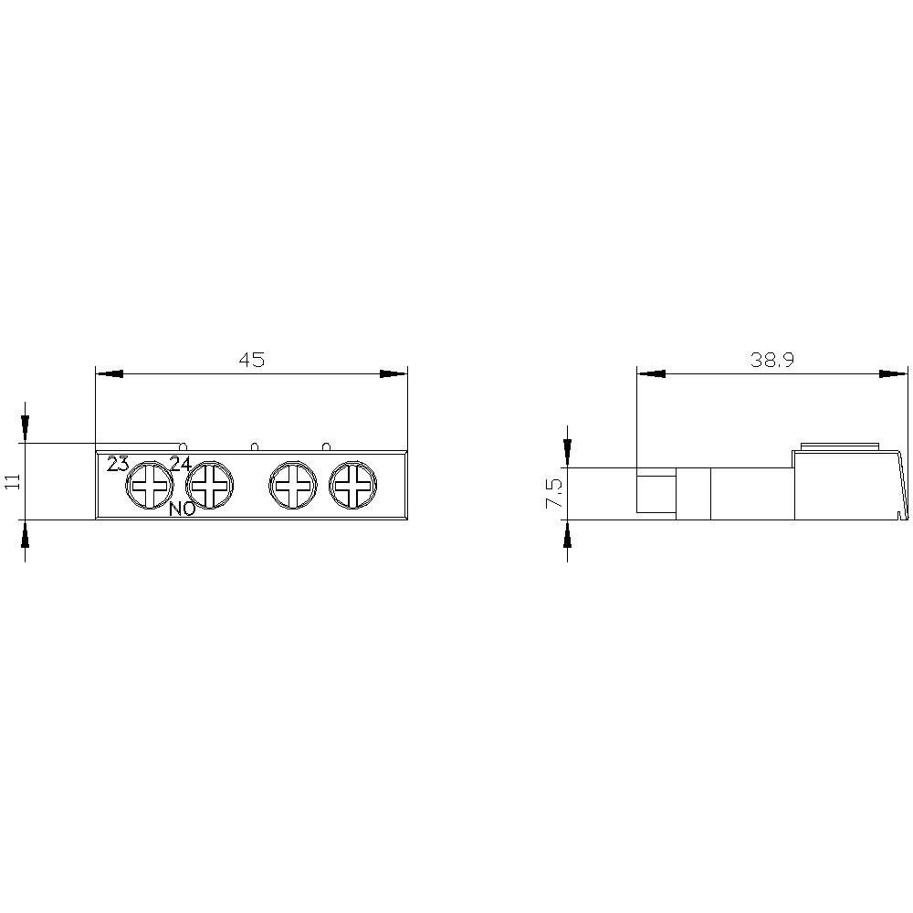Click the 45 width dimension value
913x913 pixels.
251,360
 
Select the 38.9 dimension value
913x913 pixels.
772,360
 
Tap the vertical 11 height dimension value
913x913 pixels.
12,482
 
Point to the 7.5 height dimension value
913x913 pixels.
552,494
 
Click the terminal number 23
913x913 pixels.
118,464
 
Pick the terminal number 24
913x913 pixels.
180,464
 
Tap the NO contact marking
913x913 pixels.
182,509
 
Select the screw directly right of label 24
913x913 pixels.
211,485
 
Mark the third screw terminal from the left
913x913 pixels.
293,485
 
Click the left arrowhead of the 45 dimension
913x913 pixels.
109,373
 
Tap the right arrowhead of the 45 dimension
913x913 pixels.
394,373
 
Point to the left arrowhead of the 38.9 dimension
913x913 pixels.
651,373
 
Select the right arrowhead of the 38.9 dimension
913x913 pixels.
894,373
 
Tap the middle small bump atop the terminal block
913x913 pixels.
254,446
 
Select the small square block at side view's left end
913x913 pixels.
656,494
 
